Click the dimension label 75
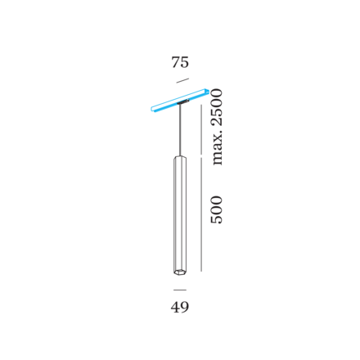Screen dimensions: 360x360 180,62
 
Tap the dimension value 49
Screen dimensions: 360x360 180,307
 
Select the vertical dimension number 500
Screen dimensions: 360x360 217,209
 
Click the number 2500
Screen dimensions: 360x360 217,107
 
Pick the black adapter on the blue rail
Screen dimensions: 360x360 183,102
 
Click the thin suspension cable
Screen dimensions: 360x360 180,130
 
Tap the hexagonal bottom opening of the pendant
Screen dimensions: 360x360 180,272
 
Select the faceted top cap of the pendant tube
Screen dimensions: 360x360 180,158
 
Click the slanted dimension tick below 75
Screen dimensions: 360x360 182,80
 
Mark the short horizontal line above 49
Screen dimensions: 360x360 180,290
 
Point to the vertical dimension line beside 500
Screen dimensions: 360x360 201,214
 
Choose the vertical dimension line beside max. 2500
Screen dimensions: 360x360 201,129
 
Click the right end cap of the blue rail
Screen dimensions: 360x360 207,91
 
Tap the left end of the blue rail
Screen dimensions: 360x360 152,109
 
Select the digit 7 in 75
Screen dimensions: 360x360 176,62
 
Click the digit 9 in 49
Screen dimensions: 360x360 185,308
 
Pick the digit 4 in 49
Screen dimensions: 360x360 175,307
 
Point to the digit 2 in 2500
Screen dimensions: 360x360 217,121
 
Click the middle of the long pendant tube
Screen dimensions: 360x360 180,215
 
